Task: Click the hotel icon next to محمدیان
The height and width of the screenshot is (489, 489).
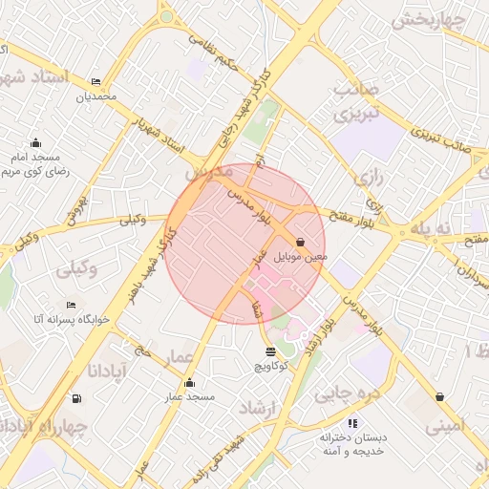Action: [x=95, y=83]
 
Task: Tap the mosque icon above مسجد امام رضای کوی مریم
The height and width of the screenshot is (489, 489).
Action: [x=36, y=142]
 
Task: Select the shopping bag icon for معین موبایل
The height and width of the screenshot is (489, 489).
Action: [x=301, y=243]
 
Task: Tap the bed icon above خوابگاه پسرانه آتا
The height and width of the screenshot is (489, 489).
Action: [x=72, y=306]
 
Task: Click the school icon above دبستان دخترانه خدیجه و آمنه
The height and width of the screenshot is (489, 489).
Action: [x=352, y=422]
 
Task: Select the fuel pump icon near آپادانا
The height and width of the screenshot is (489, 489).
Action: [x=76, y=399]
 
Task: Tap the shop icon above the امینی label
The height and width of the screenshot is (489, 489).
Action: [x=439, y=396]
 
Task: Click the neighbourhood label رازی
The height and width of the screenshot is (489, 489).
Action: [x=367, y=178]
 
